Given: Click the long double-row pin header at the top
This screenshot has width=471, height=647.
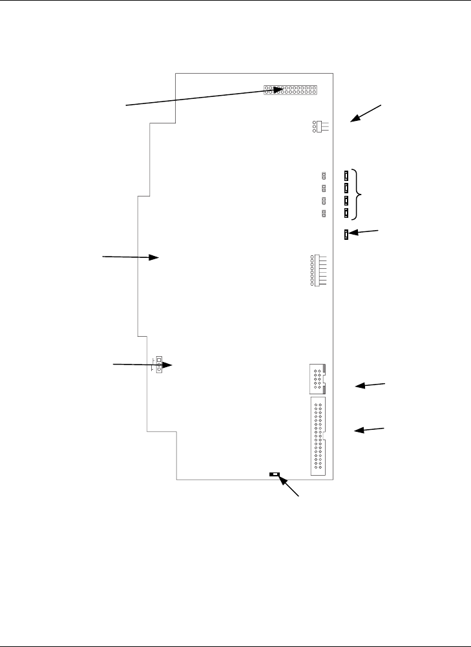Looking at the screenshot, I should (289, 90).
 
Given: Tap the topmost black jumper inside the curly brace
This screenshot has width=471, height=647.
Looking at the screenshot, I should (347, 175).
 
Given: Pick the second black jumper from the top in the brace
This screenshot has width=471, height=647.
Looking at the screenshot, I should (347, 188).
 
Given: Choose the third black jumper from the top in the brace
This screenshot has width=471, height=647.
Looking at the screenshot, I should (347, 200).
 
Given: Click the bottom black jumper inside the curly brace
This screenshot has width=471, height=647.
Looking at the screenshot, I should (347, 213).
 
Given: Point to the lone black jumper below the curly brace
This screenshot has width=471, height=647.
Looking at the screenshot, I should (347, 234).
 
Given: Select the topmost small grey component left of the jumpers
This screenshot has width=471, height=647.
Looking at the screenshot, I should (324, 175).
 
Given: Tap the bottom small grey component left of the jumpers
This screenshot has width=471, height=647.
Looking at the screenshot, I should (324, 213).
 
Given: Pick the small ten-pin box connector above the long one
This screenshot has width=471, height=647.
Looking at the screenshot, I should (316, 379).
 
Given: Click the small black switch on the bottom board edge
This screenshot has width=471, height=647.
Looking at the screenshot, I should (275, 475).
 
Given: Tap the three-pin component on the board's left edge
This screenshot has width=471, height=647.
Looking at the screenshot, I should (158, 365).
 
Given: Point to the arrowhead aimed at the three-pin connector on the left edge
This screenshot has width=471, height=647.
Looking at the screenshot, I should (170, 365).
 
